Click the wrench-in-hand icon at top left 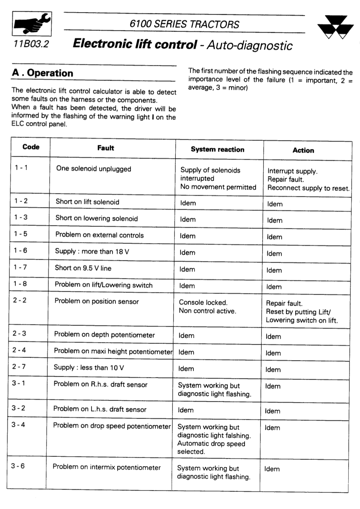[32, 24]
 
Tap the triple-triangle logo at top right [332, 28]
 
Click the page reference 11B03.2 [31, 44]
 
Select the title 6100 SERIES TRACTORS [184, 24]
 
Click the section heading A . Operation [43, 73]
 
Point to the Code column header [31, 147]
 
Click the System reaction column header [217, 149]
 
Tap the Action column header [303, 150]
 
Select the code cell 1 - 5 [21, 234]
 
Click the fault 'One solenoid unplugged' [93, 169]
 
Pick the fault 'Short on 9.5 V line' [83, 268]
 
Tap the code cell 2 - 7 [19, 367]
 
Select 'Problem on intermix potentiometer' [107, 467]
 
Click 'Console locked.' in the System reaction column [203, 302]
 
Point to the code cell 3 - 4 [18, 425]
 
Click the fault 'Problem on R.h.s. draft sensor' [100, 384]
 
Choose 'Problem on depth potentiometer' [104, 335]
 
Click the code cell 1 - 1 [21, 168]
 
